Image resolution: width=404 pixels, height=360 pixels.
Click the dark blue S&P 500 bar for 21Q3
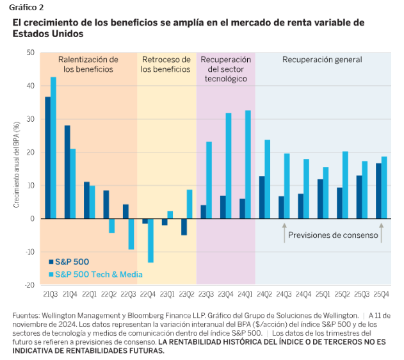click(x=48, y=158)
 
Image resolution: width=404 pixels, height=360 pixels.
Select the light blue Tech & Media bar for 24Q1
click(x=248, y=165)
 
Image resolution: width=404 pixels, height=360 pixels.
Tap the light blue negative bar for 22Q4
click(x=150, y=240)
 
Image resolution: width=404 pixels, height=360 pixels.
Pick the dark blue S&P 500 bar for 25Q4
click(x=378, y=191)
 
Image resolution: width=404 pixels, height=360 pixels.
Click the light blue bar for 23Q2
click(x=190, y=204)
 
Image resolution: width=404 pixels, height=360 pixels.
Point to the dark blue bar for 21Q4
click(x=67, y=172)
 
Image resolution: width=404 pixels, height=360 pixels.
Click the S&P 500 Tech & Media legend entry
click(x=95, y=274)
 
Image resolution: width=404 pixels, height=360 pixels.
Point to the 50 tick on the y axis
click(x=30, y=53)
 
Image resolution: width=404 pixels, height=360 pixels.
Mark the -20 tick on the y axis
click(x=29, y=284)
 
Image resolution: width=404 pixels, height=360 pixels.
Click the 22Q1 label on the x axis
click(x=89, y=293)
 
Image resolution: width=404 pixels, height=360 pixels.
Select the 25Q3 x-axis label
click(x=362, y=293)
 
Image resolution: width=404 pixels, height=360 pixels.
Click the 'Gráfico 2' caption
click(x=28, y=7)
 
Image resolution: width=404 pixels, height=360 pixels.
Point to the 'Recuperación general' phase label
click(x=322, y=60)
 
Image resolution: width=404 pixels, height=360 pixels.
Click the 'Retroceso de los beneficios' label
click(x=166, y=64)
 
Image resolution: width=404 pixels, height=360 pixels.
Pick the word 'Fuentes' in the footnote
click(x=26, y=316)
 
